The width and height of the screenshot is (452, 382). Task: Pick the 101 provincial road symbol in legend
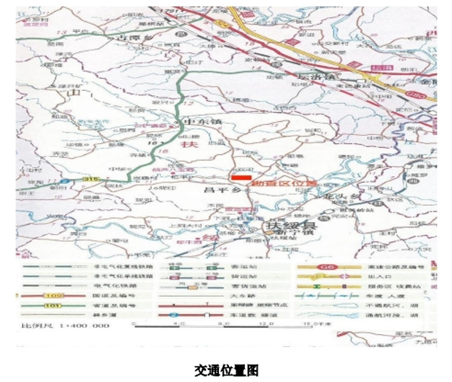tap(50, 306)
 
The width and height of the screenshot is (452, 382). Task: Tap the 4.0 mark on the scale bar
tap(179, 324)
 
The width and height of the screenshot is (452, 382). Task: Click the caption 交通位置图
tap(226, 370)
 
